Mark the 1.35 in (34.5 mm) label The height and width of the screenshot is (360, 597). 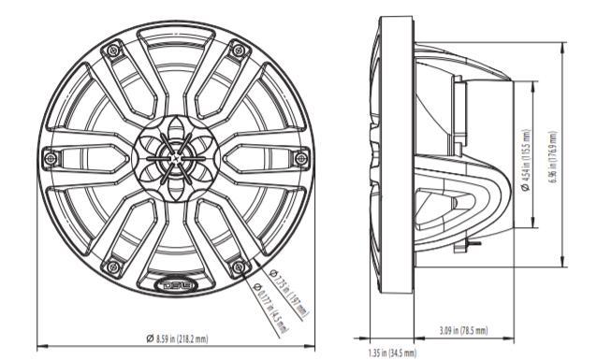pos(391,352)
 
